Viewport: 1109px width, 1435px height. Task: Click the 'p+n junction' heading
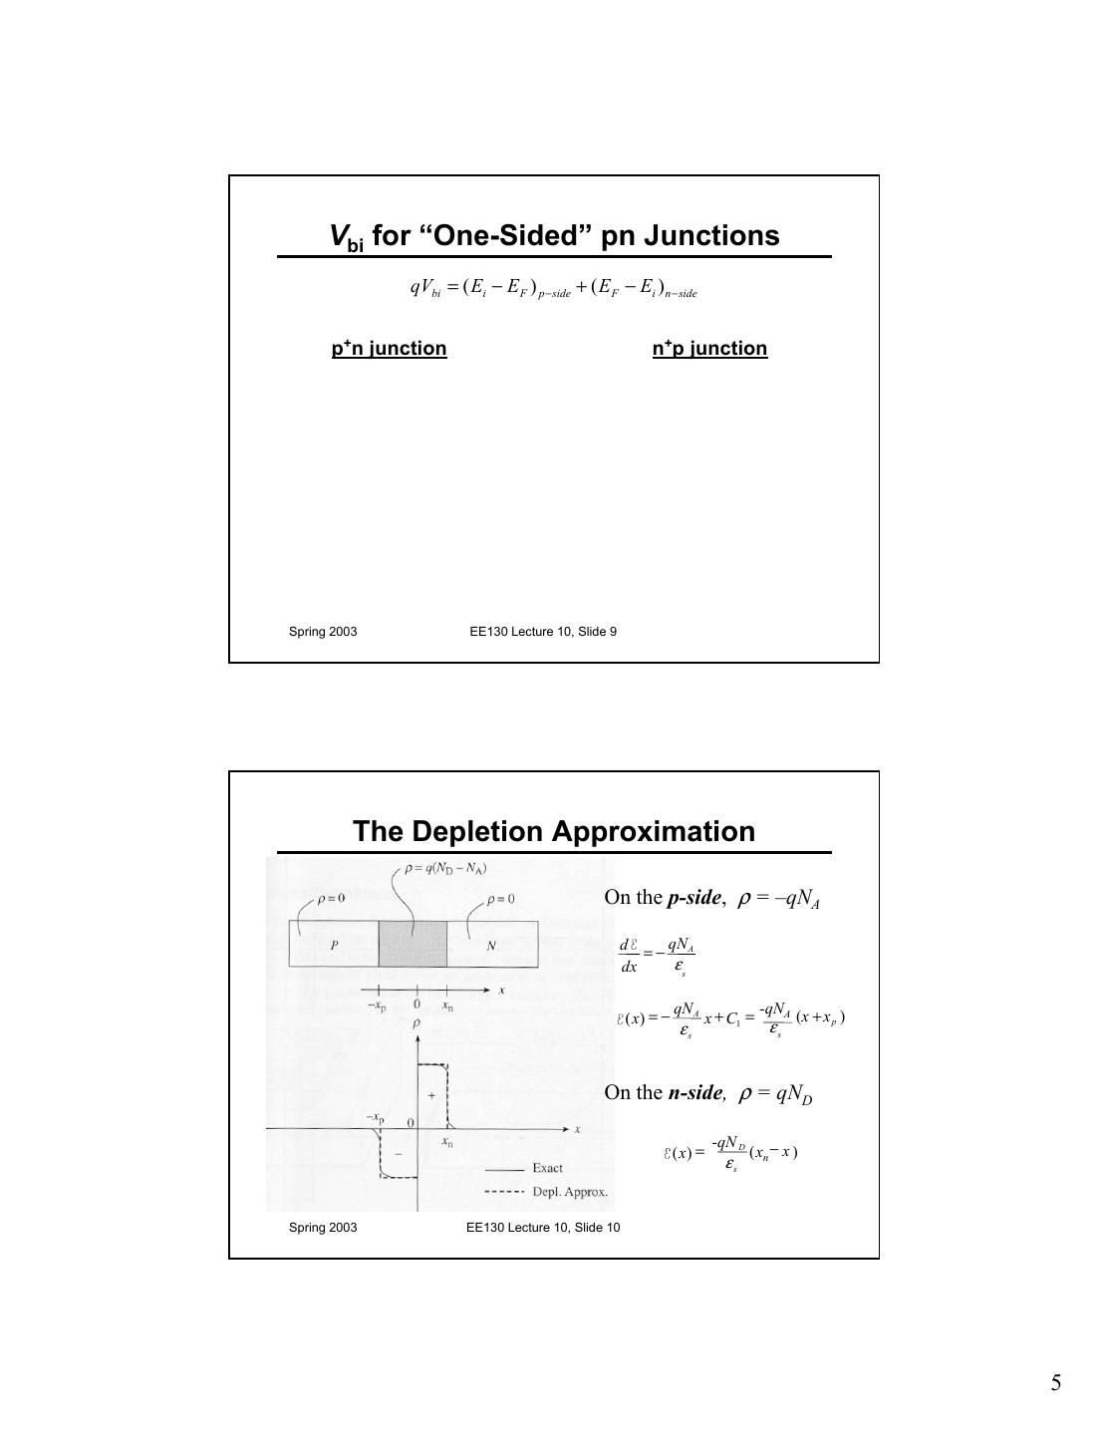[389, 349]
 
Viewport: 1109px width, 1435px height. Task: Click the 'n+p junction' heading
[709, 349]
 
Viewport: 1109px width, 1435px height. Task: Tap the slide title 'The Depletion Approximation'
[554, 831]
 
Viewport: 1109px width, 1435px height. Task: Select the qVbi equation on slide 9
[553, 288]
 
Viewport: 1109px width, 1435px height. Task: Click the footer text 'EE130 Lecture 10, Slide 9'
[543, 632]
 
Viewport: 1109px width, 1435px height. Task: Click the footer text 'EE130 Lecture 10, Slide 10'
[543, 1228]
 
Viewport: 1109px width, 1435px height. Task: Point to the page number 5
[1055, 1383]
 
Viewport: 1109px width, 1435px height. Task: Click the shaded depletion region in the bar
[413, 944]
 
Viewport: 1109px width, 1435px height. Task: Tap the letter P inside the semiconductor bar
[334, 945]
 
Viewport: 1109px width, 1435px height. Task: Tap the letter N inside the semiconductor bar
[490, 946]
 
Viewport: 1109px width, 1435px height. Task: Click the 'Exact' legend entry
[546, 1168]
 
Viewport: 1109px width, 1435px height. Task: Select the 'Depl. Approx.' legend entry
[569, 1192]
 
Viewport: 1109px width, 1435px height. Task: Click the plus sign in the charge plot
[431, 1095]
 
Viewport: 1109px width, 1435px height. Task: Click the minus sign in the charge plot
[399, 1154]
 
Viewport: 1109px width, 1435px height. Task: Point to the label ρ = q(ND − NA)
[445, 868]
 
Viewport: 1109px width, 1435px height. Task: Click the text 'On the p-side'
[663, 897]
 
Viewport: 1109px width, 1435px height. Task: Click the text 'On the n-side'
[663, 1092]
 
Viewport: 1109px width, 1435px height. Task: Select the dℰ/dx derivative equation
[657, 956]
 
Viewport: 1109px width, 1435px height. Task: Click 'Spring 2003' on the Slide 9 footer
[323, 632]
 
